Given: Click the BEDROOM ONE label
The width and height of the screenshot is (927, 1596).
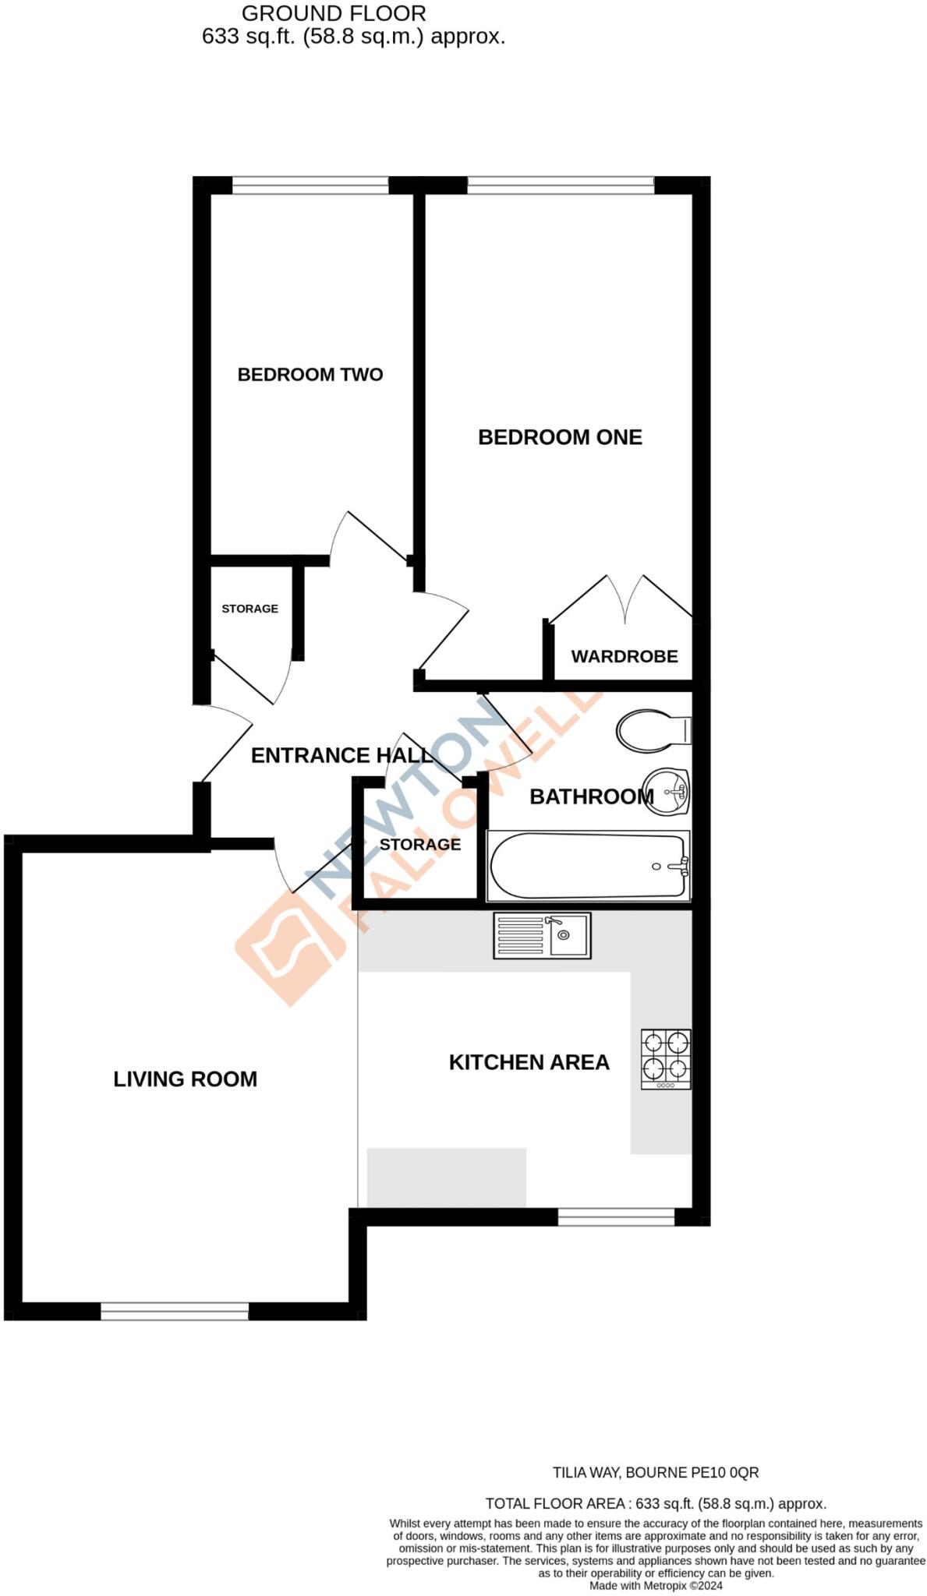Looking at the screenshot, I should click(560, 437).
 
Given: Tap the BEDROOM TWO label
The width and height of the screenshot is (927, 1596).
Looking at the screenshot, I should click(310, 375).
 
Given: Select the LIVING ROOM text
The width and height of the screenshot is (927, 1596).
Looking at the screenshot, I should click(185, 1079).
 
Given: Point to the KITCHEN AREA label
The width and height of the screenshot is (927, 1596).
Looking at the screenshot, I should click(529, 1062).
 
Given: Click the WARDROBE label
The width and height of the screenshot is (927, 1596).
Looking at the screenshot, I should click(624, 656).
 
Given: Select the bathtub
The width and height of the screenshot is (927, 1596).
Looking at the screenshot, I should click(588, 866).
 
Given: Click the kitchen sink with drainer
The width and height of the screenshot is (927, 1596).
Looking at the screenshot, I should click(542, 935).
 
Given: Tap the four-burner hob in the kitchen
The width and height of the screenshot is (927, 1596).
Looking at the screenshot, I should click(666, 1059).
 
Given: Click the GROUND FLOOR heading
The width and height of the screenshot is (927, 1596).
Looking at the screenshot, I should click(334, 13).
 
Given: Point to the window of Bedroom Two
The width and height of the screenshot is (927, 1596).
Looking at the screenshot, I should click(310, 185).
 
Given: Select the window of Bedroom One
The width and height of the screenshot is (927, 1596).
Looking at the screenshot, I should click(560, 185).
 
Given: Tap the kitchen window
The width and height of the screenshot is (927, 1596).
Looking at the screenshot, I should click(616, 1217).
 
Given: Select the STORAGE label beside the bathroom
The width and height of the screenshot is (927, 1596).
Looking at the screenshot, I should click(420, 845).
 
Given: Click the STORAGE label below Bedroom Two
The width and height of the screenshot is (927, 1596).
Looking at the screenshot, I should click(249, 609).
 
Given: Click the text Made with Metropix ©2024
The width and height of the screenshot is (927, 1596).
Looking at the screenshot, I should click(656, 1586).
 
